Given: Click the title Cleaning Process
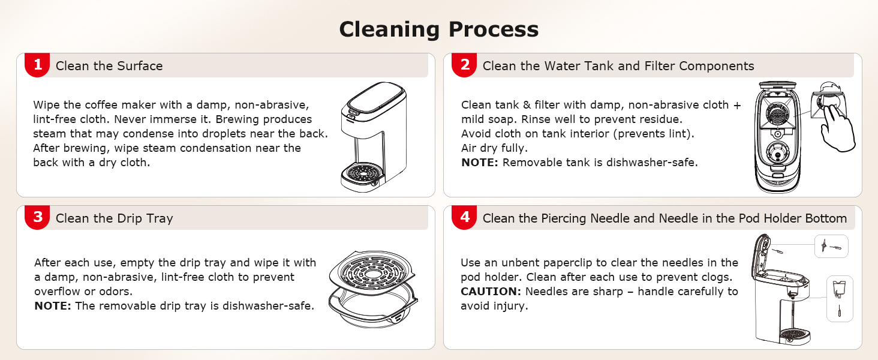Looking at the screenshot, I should pyautogui.click(x=438, y=29).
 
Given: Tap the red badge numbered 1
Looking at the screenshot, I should pyautogui.click(x=37, y=65).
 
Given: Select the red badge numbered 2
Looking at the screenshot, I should pyautogui.click(x=464, y=65).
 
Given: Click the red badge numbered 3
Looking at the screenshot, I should pyautogui.click(x=37, y=217).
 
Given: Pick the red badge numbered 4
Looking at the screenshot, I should pyautogui.click(x=464, y=217).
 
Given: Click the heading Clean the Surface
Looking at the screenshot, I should pyautogui.click(x=109, y=66).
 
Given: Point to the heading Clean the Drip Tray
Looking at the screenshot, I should pyautogui.click(x=114, y=218).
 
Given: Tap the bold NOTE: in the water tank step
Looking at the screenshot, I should pyautogui.click(x=480, y=162).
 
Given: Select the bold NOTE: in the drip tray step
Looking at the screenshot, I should pyautogui.click(x=53, y=306).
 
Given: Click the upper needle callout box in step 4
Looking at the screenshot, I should pyautogui.click(x=831, y=246).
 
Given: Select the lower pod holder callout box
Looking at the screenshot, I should pyautogui.click(x=840, y=299).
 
